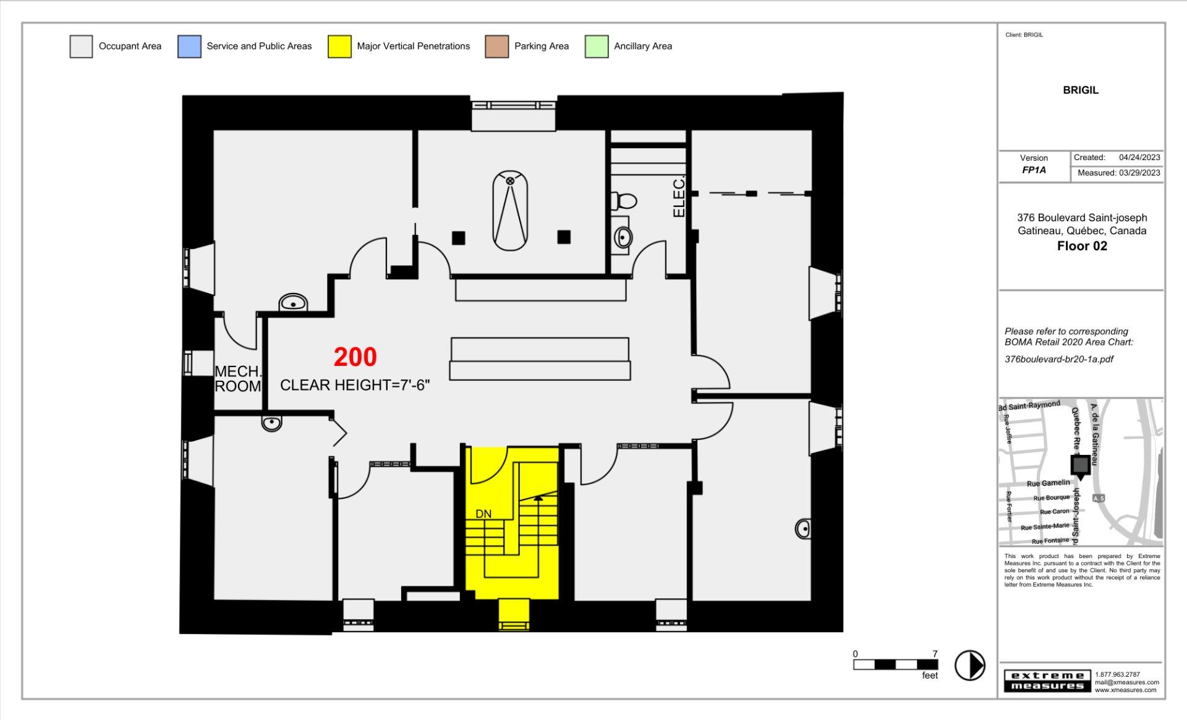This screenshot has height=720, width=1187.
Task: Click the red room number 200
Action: [355, 357]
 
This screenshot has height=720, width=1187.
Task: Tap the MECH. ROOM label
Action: [238, 379]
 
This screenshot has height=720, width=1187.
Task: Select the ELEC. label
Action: [679, 197]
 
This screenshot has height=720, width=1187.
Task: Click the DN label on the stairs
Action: [483, 514]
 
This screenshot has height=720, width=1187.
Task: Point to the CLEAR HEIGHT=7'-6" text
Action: [355, 385]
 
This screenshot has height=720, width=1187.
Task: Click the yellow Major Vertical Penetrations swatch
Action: [339, 46]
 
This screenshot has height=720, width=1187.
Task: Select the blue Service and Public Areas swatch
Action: [189, 46]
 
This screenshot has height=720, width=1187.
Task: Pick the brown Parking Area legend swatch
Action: [497, 46]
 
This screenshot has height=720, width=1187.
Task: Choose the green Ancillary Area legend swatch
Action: [597, 46]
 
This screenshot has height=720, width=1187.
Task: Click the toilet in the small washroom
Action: [624, 201]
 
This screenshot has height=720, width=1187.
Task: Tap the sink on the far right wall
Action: [803, 528]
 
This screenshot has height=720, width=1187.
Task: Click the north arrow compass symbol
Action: [970, 666]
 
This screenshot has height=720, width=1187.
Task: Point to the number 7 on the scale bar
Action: [935, 654]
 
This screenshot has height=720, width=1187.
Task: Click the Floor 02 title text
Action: [1082, 246]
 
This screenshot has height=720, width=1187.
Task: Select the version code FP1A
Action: [1034, 170]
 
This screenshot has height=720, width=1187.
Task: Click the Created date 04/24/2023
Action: [1139, 158]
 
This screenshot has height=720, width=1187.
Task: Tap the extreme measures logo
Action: [1047, 680]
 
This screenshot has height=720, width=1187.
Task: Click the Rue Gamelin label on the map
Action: [1048, 483]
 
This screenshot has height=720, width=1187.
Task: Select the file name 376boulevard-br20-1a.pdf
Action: [1059, 359]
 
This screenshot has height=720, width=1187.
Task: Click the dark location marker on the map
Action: [1081, 465]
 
